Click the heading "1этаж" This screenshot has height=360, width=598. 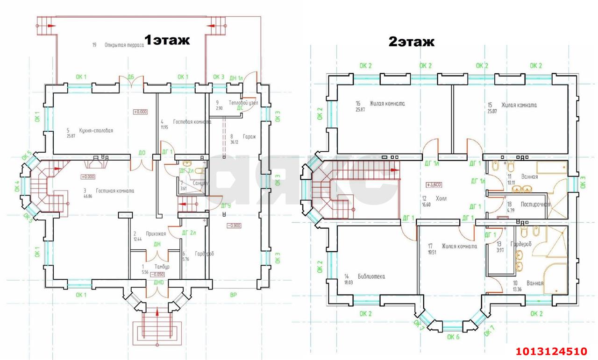point(167,40)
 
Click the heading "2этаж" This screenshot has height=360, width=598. point(412,42)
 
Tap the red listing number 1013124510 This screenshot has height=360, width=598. point(551,351)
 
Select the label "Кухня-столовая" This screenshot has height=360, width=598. point(96,131)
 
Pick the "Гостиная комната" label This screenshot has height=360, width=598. point(115,191)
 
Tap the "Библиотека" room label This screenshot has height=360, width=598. point(371,276)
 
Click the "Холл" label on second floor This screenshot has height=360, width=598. point(441,198)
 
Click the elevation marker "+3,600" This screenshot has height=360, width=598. point(434,184)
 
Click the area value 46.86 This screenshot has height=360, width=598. point(88,197)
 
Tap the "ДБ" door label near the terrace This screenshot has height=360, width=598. point(130,77)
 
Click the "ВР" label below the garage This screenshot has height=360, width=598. point(234,295)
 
